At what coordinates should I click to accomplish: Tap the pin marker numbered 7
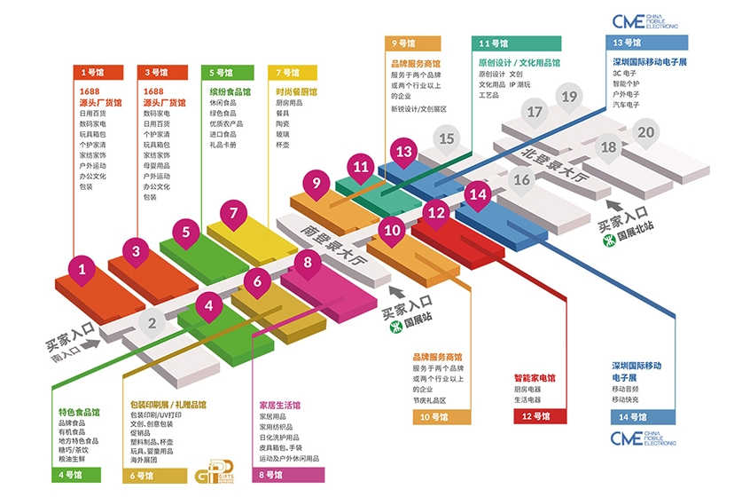tap(234, 213)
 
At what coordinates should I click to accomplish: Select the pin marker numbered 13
tap(404, 151)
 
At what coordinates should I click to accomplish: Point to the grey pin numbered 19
tap(569, 97)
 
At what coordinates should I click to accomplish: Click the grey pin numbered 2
tap(152, 324)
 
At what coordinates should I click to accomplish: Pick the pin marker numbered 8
tap(308, 263)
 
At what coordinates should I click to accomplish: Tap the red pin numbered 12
tap(435, 212)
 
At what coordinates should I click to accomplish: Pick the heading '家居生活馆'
tap(281, 404)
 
